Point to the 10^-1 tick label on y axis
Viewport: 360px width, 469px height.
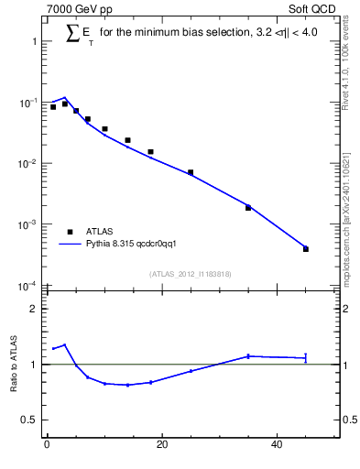26,103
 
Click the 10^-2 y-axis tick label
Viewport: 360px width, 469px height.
26,164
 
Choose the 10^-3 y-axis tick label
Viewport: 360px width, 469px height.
26,224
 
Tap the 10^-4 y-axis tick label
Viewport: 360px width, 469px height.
26,286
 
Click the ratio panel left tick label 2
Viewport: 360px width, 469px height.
33,309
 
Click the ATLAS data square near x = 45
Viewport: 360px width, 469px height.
306,249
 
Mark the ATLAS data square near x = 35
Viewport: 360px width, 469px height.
248,208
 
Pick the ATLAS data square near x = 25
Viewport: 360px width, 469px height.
191,172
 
